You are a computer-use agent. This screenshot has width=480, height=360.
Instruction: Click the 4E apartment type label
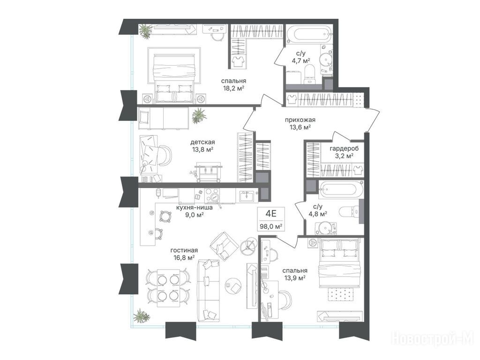(x=271, y=213)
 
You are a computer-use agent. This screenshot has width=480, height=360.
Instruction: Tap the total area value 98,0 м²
(x=271, y=226)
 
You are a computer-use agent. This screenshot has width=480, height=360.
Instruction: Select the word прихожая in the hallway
(x=300, y=120)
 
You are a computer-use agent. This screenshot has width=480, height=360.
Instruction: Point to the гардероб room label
(x=344, y=149)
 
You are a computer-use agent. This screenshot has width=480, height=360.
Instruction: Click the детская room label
(x=202, y=142)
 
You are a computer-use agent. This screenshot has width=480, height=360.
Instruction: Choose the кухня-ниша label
(x=195, y=208)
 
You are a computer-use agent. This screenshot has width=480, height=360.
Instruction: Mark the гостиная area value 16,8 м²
(x=184, y=258)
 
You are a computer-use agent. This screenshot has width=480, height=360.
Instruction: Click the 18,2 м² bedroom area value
(x=234, y=89)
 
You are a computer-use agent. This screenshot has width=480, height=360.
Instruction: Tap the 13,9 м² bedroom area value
(x=295, y=278)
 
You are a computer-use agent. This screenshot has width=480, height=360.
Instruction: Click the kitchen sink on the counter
(x=247, y=196)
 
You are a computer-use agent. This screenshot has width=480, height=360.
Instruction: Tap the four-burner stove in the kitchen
(x=212, y=195)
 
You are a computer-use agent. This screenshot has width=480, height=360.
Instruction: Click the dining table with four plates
(x=168, y=288)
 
